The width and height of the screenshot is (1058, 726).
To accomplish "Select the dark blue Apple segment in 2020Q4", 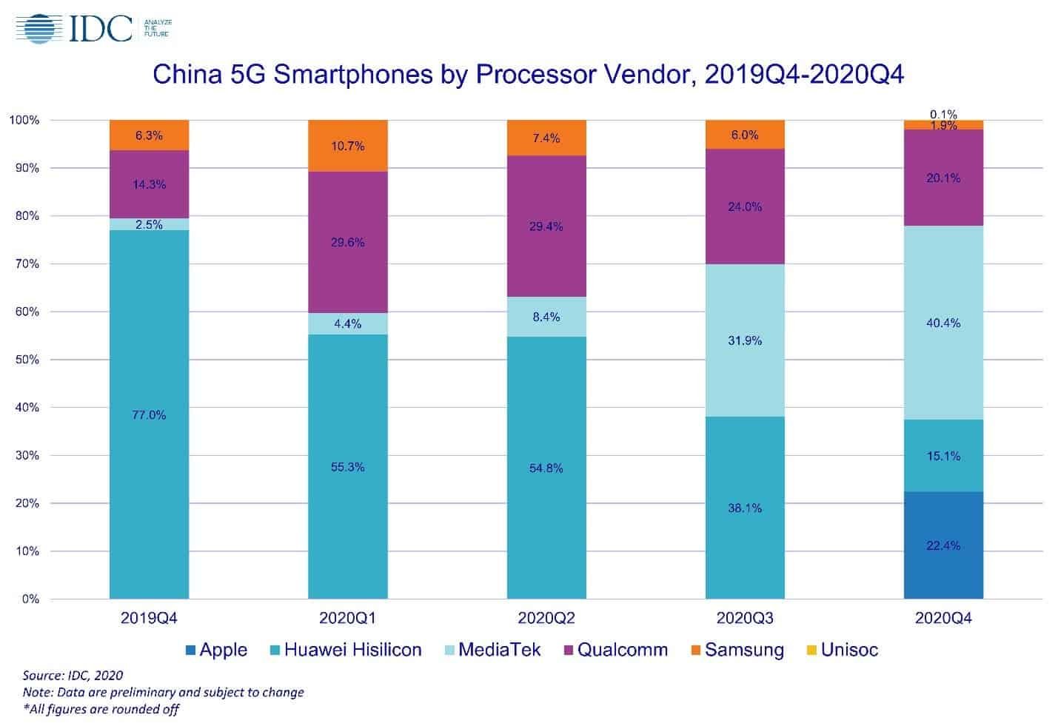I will [943, 545].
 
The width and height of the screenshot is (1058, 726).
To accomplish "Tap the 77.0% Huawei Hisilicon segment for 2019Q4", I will [149, 414].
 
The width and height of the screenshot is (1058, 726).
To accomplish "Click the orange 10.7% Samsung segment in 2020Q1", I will [347, 146].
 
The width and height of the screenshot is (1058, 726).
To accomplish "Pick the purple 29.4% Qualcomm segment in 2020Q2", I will [546, 226].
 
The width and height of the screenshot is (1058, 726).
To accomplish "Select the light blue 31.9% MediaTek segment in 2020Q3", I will [744, 340].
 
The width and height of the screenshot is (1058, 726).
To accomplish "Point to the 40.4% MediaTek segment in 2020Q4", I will [943, 323].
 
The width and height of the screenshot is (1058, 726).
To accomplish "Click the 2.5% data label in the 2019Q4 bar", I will [149, 224].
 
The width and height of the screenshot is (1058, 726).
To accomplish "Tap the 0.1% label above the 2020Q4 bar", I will [943, 114].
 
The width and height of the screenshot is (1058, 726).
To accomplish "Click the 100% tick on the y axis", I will [24, 120].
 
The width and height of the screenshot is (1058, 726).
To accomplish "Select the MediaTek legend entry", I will [492, 651].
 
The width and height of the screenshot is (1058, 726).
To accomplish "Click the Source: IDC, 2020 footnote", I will [73, 675].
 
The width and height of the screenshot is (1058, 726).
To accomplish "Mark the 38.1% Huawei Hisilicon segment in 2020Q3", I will [744, 508].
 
